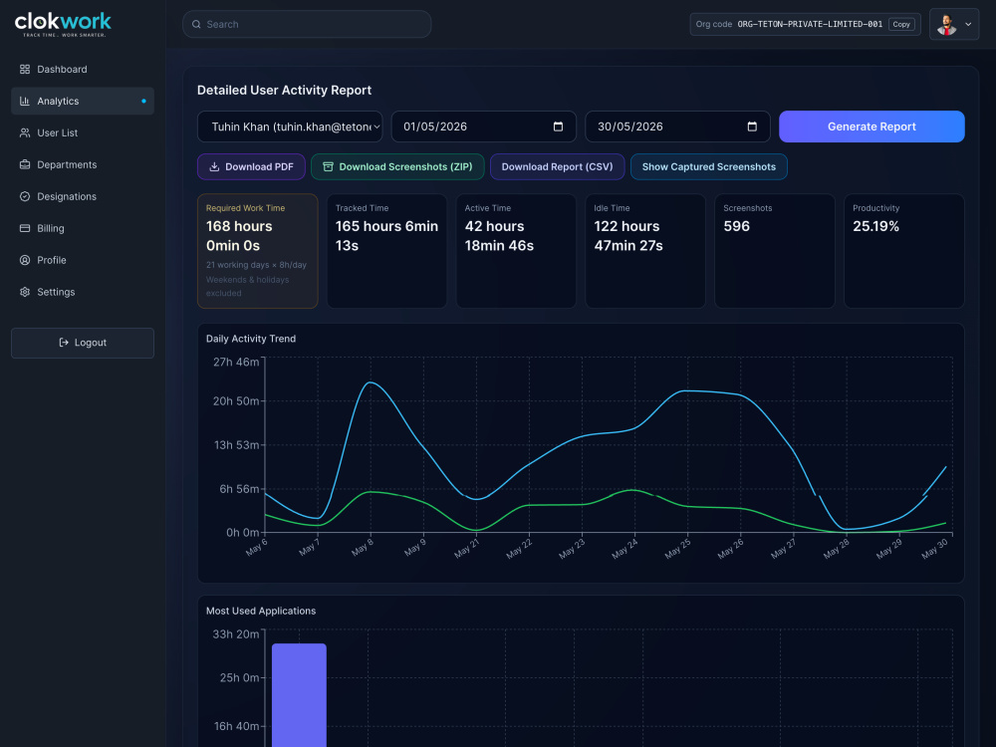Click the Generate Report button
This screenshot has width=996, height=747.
871,126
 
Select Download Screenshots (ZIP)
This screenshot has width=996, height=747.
397,167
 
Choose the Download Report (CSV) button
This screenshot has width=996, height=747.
557,167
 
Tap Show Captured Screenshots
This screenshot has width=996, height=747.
709,167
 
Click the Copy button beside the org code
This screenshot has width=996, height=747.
901,24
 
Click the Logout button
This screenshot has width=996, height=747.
83,343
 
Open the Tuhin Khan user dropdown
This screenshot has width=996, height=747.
290,126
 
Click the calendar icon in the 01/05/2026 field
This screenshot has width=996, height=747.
559,126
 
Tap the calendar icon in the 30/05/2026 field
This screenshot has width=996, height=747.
752,126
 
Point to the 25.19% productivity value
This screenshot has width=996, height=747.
875,226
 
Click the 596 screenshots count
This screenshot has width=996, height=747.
737,226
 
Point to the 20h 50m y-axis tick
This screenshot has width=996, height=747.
236,401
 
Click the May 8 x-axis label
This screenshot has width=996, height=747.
363,547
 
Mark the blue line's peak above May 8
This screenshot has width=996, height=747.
371,382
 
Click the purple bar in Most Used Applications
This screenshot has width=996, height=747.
299,695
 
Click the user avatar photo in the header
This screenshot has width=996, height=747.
946,24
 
